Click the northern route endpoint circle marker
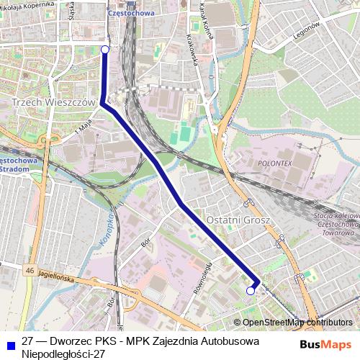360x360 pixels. pyautogui.click(x=105, y=49)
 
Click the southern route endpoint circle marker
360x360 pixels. pyautogui.click(x=251, y=291)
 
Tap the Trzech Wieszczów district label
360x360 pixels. pyautogui.click(x=54, y=103)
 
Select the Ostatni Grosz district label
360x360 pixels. pyautogui.click(x=238, y=219)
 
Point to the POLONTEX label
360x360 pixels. pyautogui.click(x=273, y=164)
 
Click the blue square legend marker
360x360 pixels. pyautogui.click(x=12, y=342)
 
